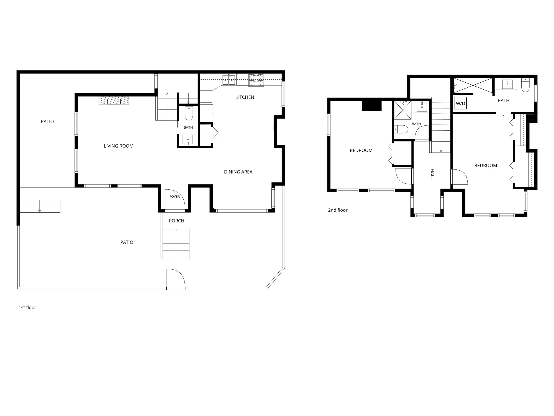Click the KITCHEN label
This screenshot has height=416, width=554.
245,97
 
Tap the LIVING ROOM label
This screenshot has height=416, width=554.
119,146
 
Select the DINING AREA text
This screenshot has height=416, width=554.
238,172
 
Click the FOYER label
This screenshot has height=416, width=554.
175,197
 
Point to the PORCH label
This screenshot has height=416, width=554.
176,221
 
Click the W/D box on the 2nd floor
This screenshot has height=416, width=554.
460,103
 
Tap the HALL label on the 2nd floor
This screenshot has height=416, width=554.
432,174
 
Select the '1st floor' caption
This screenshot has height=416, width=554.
27,307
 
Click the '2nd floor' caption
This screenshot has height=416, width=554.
338,210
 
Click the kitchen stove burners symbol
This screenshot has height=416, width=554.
256,80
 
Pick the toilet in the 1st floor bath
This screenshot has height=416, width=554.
189,113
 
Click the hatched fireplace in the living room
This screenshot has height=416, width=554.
114,100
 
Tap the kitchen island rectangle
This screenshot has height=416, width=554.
254,120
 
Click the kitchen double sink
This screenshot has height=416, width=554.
229,80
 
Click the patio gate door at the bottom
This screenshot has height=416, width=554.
176,279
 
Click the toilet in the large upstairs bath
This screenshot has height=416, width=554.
525,85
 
